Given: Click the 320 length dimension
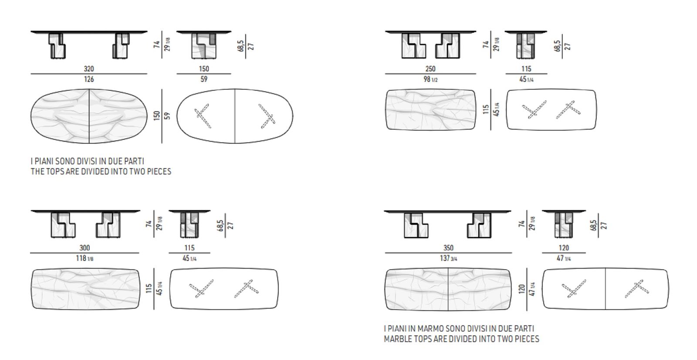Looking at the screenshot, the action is [x=89, y=68].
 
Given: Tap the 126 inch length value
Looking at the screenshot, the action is [x=89, y=79].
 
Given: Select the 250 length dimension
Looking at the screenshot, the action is [x=430, y=68].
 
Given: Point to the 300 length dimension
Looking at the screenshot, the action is [x=85, y=248].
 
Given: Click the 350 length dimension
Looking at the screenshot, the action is [x=448, y=248].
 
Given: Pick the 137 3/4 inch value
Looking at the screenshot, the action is [x=448, y=258].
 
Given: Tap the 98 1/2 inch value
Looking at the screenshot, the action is [x=430, y=79].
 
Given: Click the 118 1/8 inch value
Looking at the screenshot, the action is [x=85, y=258].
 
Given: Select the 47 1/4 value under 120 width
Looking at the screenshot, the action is [x=564, y=258].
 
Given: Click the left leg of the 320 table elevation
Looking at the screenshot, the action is [x=57, y=46].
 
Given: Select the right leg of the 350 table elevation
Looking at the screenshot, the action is [x=479, y=225].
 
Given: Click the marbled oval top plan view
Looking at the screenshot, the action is [x=89, y=116].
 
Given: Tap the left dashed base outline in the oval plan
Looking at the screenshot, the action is [x=203, y=116].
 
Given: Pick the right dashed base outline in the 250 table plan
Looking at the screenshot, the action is [x=568, y=110].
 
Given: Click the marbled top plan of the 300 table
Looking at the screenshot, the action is [x=85, y=289].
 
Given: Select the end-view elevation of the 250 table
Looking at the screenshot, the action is [x=526, y=45].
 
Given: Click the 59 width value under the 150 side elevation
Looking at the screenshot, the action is [x=204, y=79].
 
